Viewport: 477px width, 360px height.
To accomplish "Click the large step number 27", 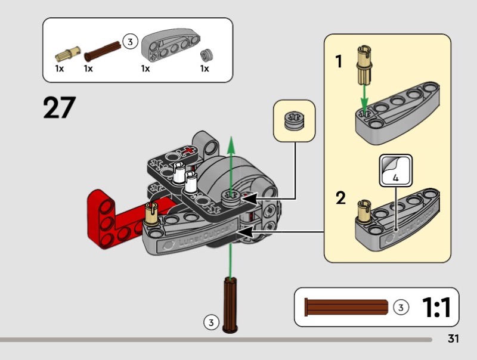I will pyautogui.click(x=60, y=108).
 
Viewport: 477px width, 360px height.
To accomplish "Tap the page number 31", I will pyautogui.click(x=453, y=339).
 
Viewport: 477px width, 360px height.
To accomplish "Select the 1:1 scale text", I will pyautogui.click(x=436, y=307).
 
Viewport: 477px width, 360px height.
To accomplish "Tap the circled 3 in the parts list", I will pyautogui.click(x=130, y=42).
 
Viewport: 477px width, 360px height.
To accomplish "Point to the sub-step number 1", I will pyautogui.click(x=339, y=61).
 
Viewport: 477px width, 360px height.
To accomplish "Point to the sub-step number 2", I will pyautogui.click(x=340, y=198).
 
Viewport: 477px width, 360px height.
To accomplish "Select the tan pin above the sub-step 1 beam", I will pyautogui.click(x=364, y=65).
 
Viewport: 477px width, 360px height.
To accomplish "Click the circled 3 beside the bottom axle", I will pyautogui.click(x=210, y=322).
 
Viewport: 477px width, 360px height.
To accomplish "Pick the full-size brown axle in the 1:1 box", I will pyautogui.click(x=346, y=308).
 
